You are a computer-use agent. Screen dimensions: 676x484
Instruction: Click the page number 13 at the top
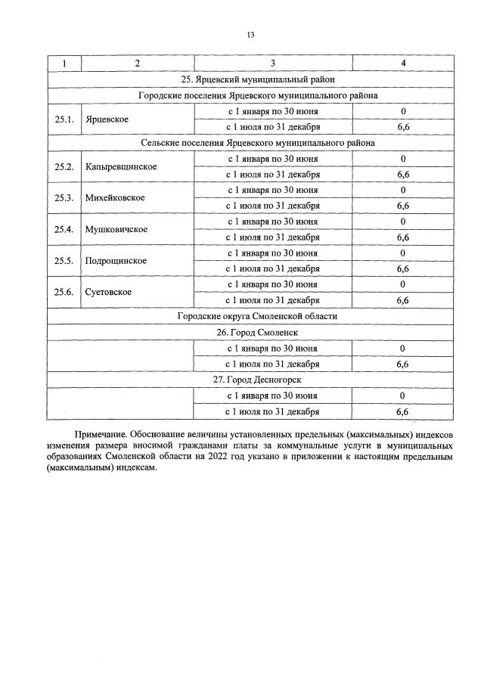250,35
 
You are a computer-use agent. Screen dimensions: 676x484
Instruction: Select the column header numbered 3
273,63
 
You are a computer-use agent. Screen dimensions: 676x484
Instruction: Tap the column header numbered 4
403,63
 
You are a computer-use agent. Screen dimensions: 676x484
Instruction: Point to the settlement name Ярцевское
107,119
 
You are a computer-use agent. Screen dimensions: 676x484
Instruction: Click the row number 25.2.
64,166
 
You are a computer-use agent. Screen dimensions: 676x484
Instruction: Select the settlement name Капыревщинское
121,166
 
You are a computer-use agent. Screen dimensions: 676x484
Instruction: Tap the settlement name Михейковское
115,198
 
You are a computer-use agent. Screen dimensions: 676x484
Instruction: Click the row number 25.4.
64,229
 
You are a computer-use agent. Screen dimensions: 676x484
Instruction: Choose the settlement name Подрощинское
116,261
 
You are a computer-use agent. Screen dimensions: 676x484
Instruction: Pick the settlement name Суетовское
109,292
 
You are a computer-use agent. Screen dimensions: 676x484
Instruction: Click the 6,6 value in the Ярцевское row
403,127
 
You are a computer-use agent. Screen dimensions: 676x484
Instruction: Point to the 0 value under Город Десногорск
403,395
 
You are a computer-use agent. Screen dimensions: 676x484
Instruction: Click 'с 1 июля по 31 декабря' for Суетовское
273,300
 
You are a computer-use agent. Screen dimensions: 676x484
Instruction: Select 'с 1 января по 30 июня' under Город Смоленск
273,348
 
